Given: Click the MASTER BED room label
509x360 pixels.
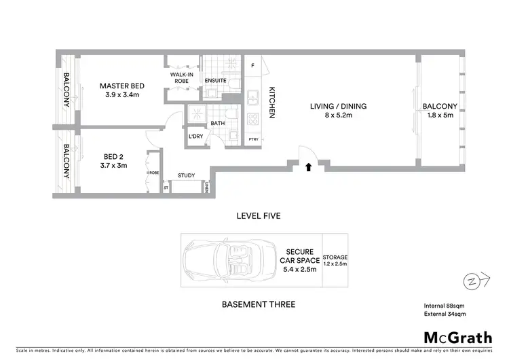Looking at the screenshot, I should click(119, 86).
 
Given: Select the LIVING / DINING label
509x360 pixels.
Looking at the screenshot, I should click(338, 106).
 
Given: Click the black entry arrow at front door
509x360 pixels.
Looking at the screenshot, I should click(309, 165).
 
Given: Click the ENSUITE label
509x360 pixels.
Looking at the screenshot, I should click(216, 81).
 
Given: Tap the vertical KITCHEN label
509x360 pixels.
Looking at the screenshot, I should click(270, 103).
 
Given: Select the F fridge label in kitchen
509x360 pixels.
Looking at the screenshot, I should click(252, 66).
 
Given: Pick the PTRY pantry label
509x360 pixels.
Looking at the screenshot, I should click(253, 140).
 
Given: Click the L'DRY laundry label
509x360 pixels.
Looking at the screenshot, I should click(195, 137).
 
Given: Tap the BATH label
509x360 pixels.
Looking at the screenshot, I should click(218, 124).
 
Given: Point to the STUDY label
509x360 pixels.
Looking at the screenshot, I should click(186, 176).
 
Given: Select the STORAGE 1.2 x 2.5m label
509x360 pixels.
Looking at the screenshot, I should click(335, 260).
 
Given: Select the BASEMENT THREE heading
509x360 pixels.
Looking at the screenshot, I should click(259, 304).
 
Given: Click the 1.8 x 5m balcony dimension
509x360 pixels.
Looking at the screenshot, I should click(440, 115).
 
